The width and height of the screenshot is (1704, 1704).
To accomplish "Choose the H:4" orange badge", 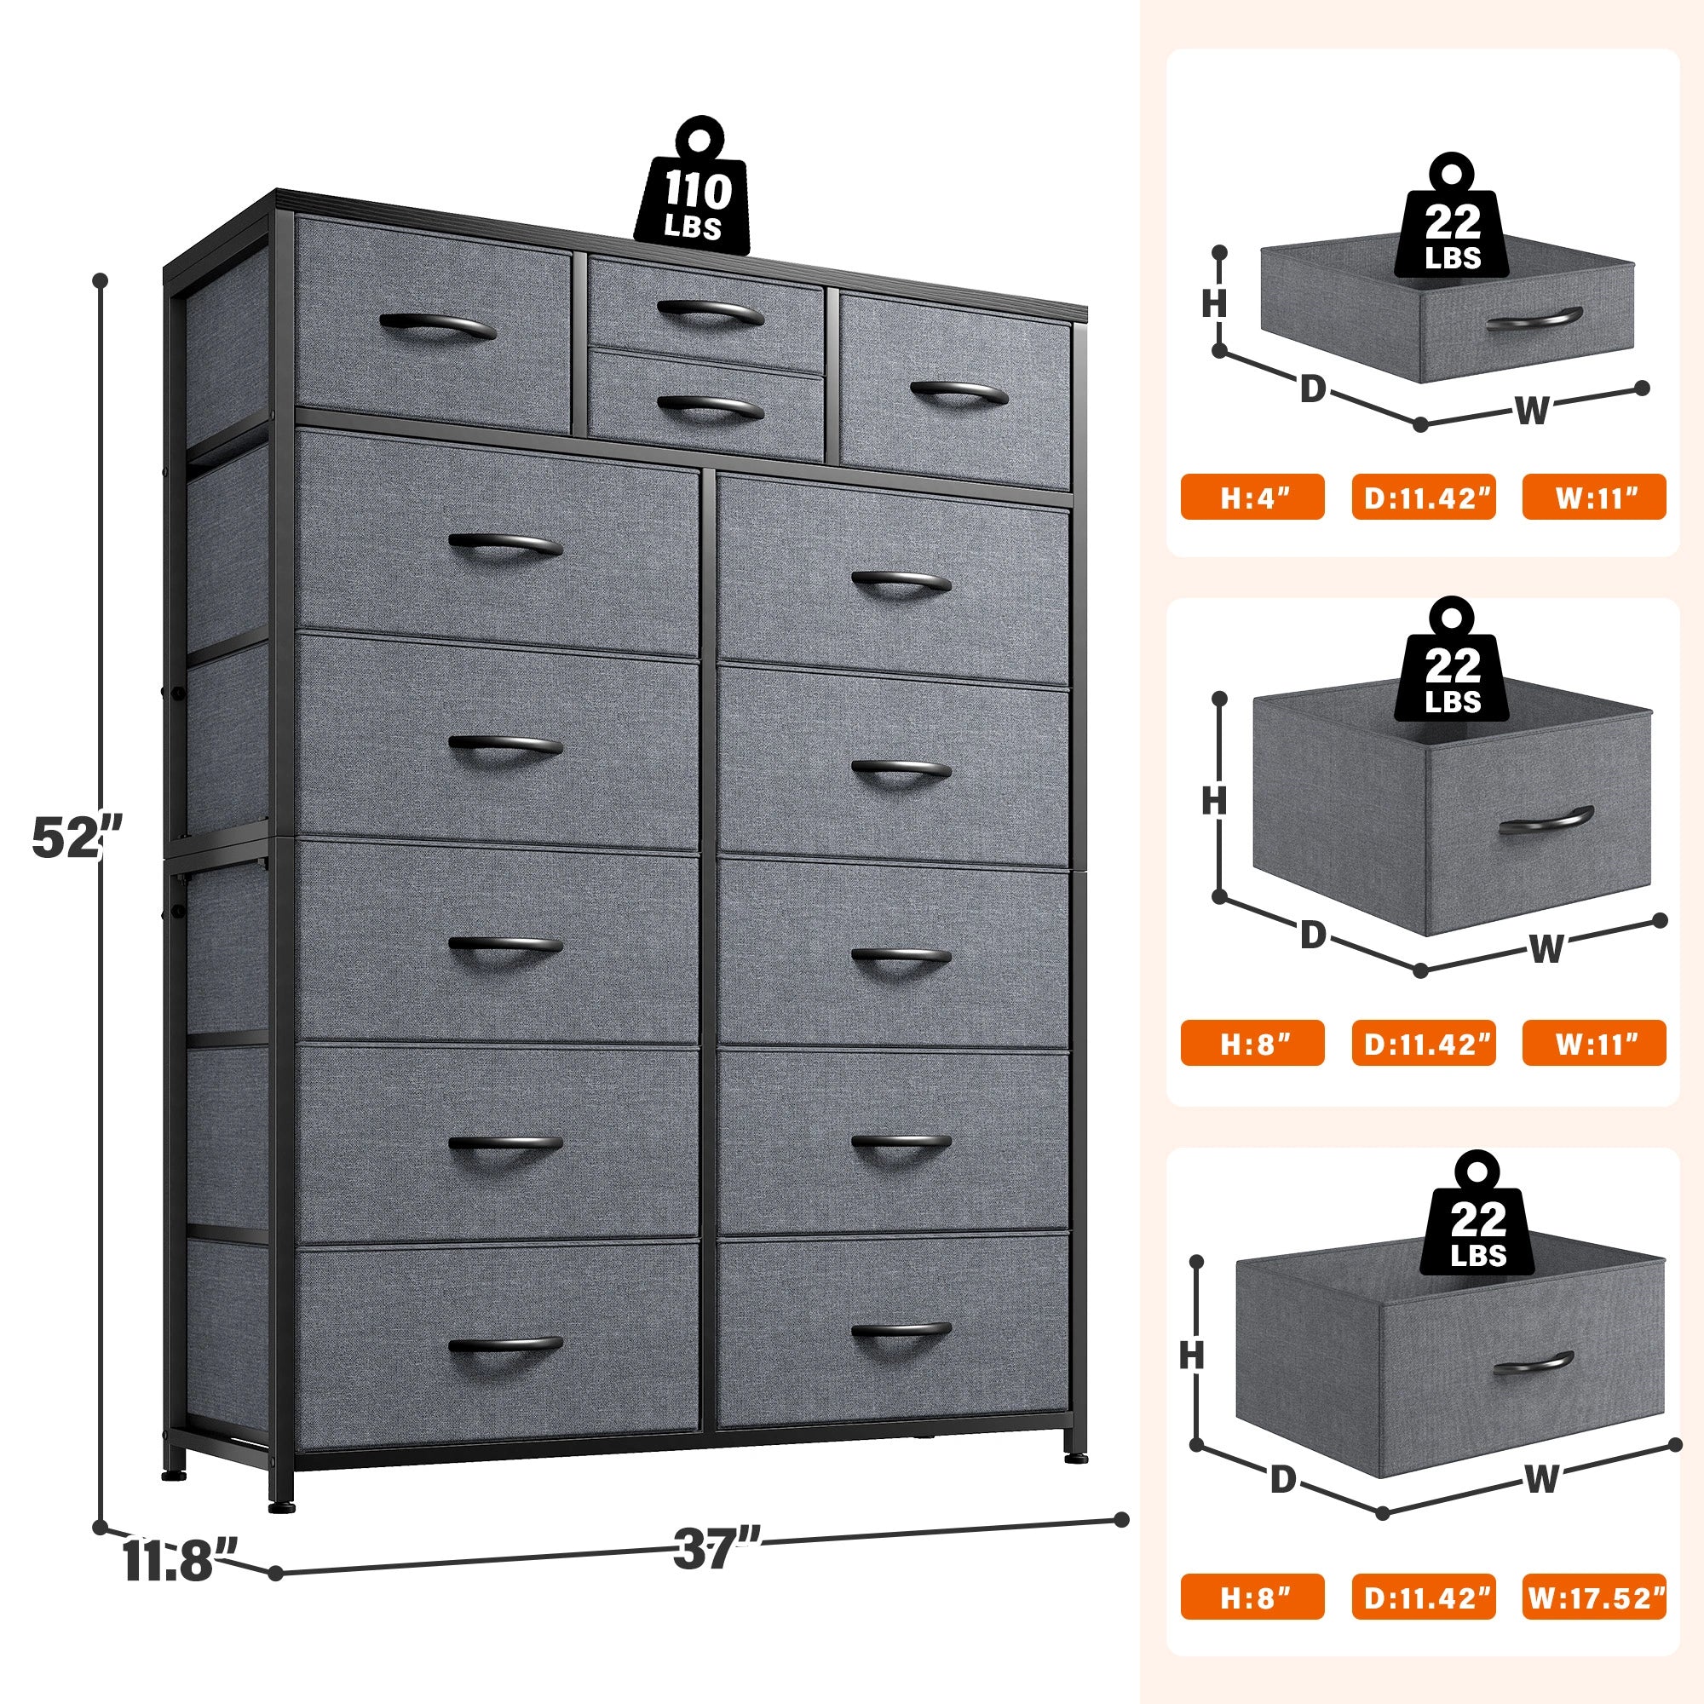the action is point(1252,497).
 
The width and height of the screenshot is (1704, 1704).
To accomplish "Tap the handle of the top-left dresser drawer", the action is point(437,326).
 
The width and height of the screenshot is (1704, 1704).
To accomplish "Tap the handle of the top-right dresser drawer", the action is point(958,394).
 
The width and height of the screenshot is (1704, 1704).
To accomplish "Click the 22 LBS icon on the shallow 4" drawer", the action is point(1453,227).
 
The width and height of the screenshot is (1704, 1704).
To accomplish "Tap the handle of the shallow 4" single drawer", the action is point(1533,319).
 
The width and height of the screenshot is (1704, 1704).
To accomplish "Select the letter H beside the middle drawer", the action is point(1213,801).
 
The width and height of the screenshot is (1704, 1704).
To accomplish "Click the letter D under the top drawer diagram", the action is point(1312,390).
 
